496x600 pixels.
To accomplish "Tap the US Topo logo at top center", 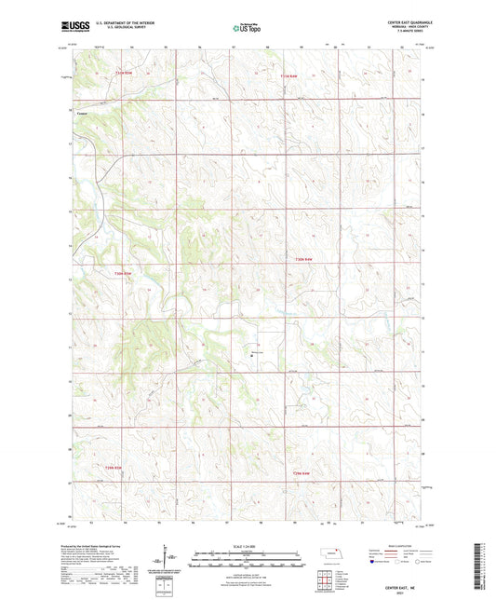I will tap(246, 29).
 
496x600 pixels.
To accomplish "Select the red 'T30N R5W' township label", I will tap(124, 273).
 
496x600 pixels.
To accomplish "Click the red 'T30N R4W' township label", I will tap(306, 259).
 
